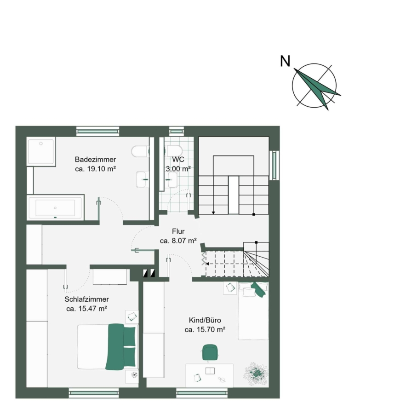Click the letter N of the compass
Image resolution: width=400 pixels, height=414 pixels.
click(x=285, y=61)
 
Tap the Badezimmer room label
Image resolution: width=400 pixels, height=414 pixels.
click(x=95, y=160)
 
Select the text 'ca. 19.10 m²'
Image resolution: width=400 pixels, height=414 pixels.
click(x=95, y=169)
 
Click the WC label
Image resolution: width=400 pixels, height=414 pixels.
click(x=178, y=160)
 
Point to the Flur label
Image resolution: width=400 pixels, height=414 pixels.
click(x=178, y=231)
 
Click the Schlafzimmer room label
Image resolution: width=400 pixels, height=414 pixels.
click(x=86, y=299)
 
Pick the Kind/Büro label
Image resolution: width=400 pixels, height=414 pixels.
click(x=205, y=320)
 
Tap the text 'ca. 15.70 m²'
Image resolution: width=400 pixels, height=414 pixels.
click(x=205, y=329)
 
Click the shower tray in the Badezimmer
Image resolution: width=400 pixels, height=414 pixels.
click(x=41, y=151)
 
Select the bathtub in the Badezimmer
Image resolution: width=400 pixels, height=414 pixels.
click(x=55, y=207)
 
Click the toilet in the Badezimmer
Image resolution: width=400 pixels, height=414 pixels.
click(x=140, y=151)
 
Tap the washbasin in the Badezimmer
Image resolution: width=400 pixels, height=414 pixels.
click(x=143, y=179)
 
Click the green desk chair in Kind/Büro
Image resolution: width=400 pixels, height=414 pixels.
click(x=210, y=352)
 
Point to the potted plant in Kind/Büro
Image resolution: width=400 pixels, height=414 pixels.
click(x=256, y=374)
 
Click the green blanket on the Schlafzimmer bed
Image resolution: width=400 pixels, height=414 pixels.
click(x=115, y=346)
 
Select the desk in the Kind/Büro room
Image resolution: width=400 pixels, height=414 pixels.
click(x=210, y=375)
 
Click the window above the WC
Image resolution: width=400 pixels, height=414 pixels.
click(x=176, y=131)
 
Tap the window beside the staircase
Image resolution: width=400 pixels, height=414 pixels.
click(x=274, y=165)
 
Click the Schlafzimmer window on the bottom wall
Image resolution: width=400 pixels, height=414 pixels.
click(x=94, y=393)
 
